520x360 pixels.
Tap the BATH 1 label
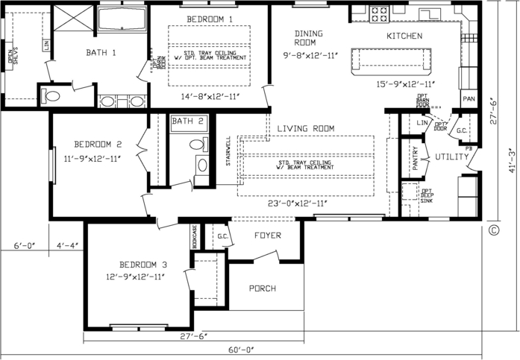pos(101,53)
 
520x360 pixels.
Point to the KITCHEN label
pos(404,36)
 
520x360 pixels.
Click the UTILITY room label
pos(452,157)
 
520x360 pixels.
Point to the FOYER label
pos(267,236)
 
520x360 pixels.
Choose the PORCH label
pos(263,288)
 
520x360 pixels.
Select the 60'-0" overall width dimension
pos(242,350)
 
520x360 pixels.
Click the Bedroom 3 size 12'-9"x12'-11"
pos(135,277)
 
